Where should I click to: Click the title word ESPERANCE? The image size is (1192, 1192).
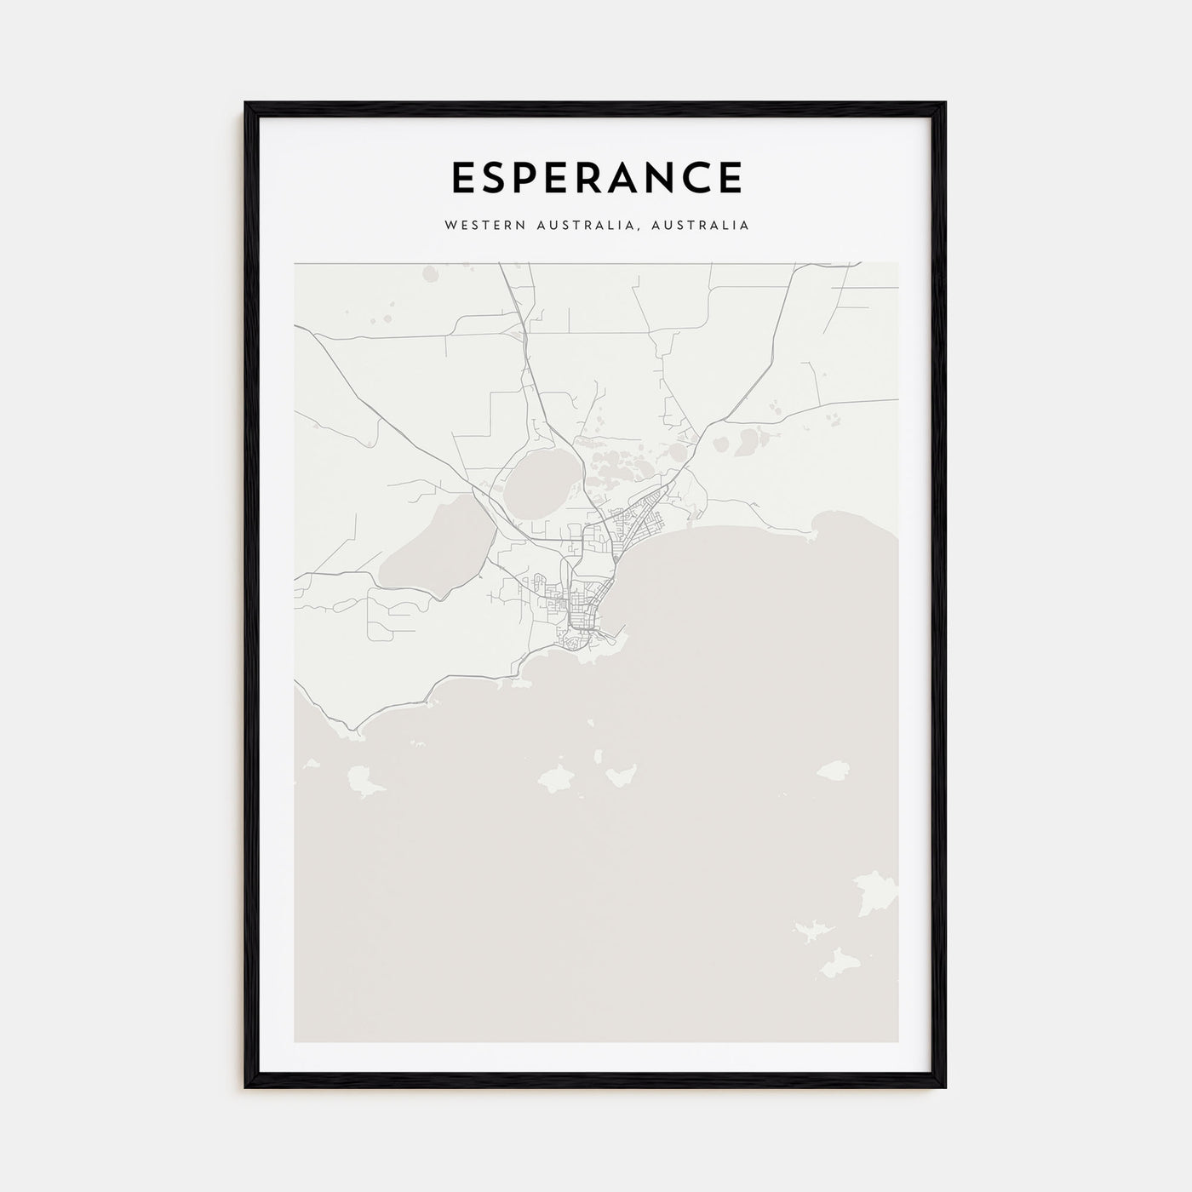click(596, 177)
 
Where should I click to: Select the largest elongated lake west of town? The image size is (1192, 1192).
click(426, 545)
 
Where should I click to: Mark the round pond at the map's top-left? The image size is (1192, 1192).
click(427, 273)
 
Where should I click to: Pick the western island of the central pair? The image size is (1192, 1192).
click(558, 776)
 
